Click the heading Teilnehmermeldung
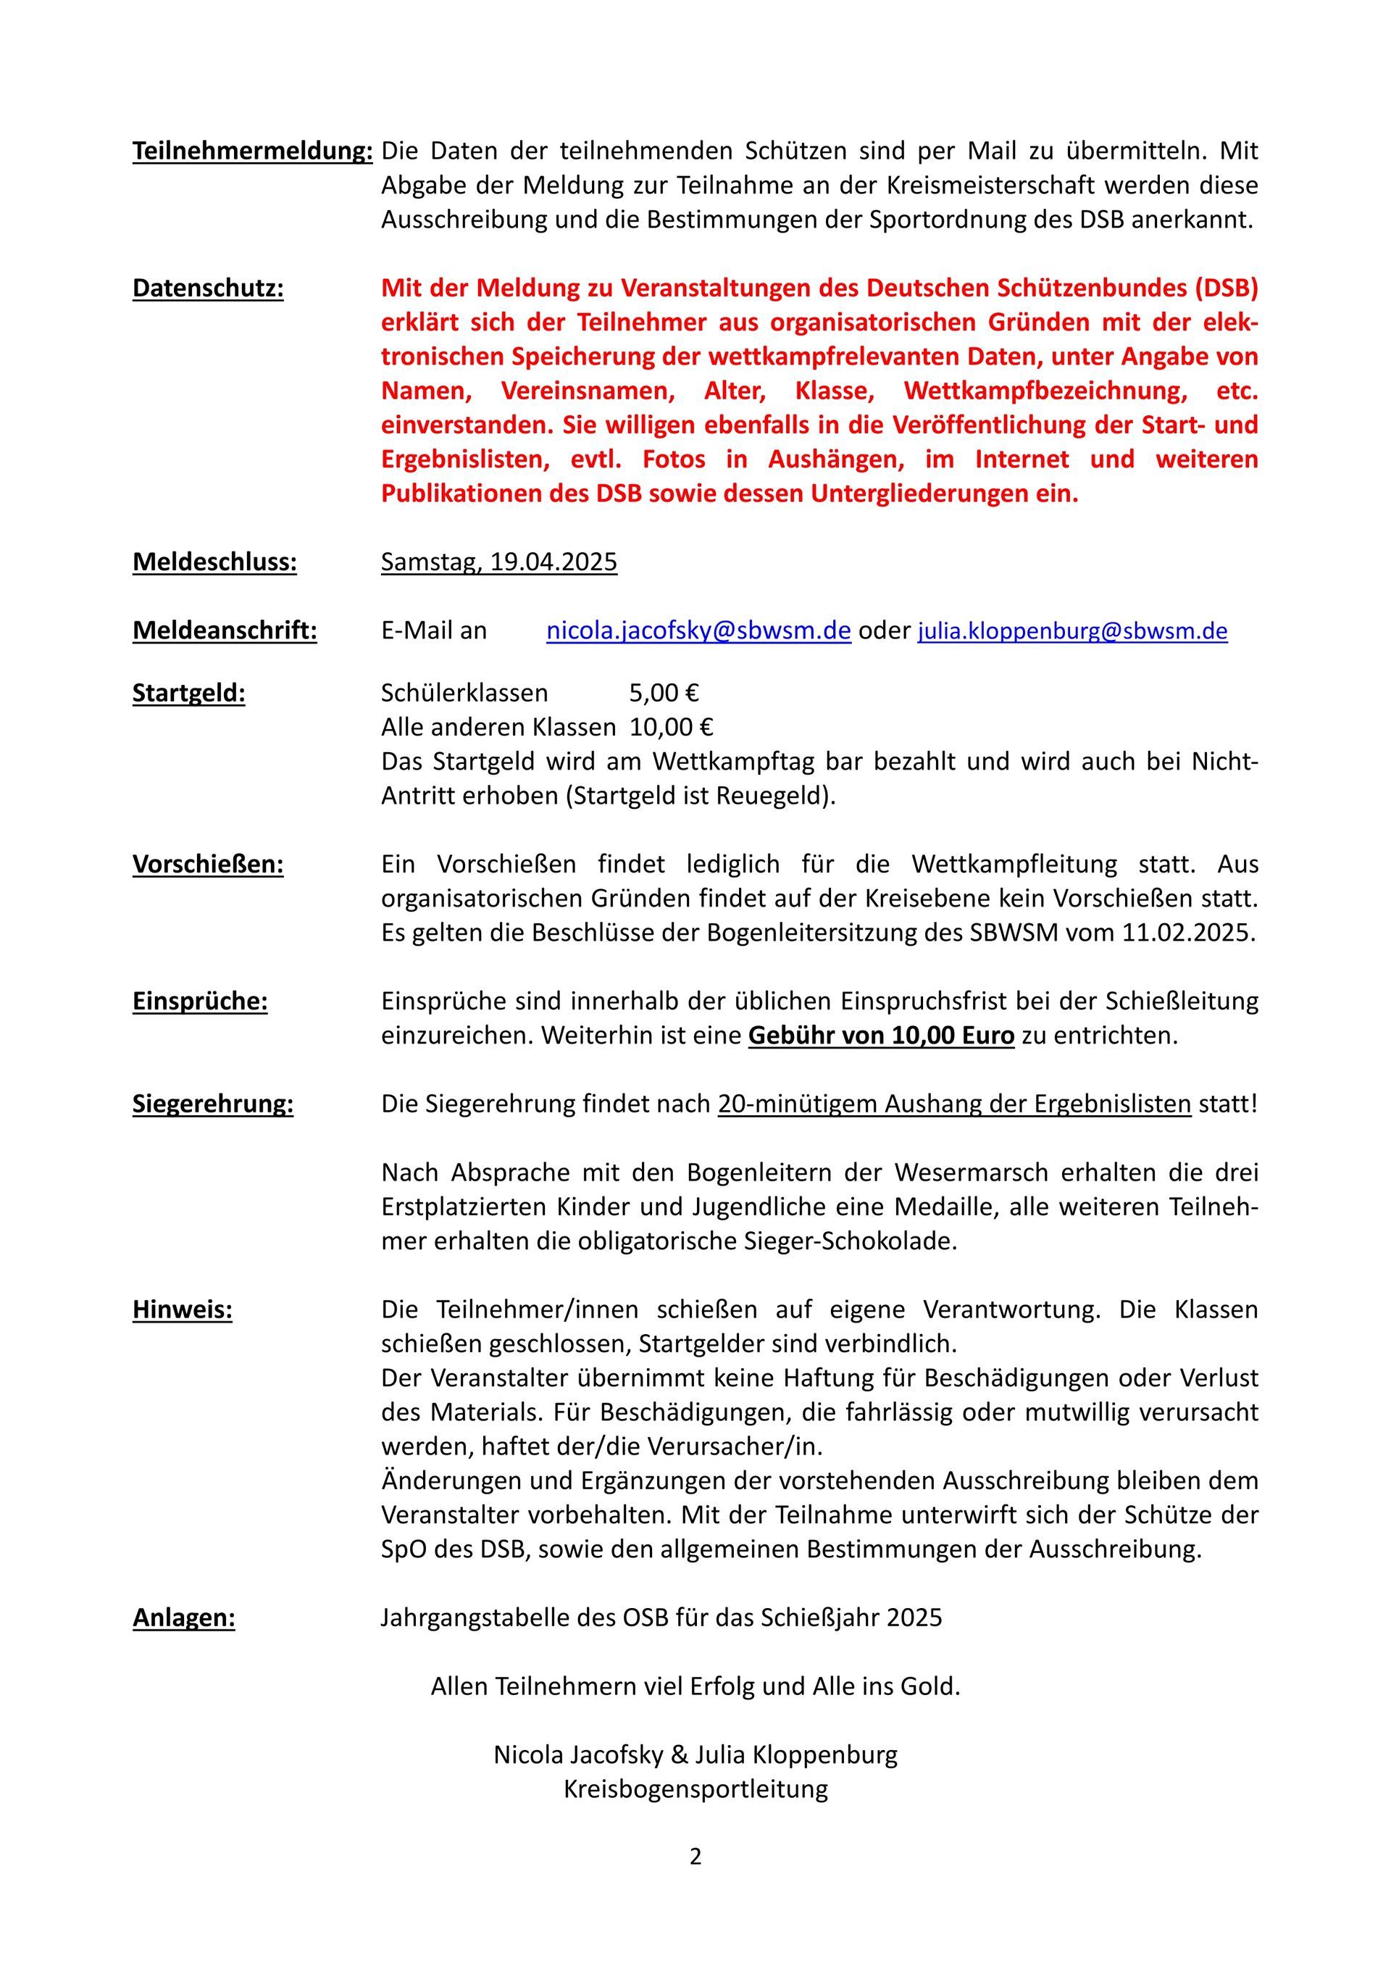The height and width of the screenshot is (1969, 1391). pyautogui.click(x=252, y=151)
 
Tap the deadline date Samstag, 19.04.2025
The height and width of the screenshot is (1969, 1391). pyautogui.click(x=498, y=562)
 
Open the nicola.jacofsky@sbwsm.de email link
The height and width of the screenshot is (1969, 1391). pyautogui.click(x=698, y=630)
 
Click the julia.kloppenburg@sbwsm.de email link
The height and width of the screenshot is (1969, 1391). pyautogui.click(x=1072, y=631)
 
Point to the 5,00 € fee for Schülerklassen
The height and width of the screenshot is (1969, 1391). pyautogui.click(x=664, y=692)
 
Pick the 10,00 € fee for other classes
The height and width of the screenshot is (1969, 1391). pyautogui.click(x=671, y=726)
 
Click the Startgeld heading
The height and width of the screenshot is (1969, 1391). pyautogui.click(x=188, y=692)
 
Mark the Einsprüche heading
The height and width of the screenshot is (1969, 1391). pyautogui.click(x=200, y=1001)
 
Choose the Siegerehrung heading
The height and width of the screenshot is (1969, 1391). pyautogui.click(x=213, y=1104)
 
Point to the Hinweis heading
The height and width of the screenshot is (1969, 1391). pyautogui.click(x=182, y=1310)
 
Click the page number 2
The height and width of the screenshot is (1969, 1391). pyautogui.click(x=695, y=1857)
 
